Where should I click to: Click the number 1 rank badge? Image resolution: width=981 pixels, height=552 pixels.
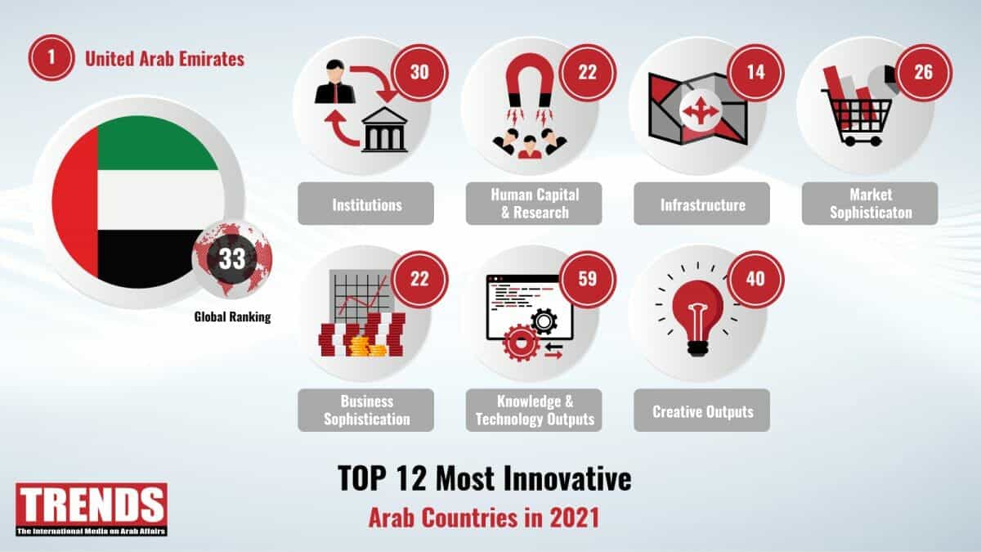52,58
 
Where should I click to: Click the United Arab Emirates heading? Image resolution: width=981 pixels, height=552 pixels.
164,59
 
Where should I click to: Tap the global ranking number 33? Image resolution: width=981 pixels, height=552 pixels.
232,258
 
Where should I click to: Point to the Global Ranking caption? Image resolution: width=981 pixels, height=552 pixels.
232,316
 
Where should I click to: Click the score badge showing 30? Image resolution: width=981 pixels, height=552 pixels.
419,73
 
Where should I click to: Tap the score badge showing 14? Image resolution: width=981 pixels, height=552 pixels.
755,73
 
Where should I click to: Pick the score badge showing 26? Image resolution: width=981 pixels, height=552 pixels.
924,73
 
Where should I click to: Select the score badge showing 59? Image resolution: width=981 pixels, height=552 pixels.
588,279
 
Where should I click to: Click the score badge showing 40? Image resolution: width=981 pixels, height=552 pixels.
755,279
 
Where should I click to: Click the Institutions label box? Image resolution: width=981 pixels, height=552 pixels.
366,204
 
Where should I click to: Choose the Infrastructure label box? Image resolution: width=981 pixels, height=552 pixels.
702,204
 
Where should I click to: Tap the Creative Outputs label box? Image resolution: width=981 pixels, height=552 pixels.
702,411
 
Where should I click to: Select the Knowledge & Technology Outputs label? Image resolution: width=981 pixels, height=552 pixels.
534,411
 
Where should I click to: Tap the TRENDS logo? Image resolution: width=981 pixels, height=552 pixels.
92,509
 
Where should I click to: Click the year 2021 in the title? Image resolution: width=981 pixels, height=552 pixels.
575,518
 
